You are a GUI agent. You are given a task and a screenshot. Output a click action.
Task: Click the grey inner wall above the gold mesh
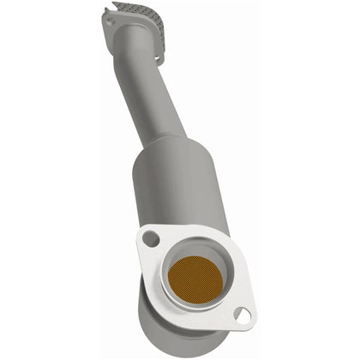tap(196, 253)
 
